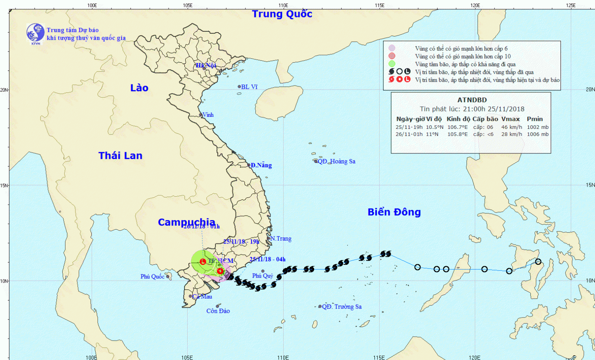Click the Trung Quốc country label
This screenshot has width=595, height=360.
point(282,14)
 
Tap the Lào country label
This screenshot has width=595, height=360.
point(139,88)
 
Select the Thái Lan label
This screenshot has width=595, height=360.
point(120,155)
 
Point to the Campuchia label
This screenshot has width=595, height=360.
point(186,222)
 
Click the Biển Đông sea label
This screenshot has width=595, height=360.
point(394,212)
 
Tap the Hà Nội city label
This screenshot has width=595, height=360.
point(206,65)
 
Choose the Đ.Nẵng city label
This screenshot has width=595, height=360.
point(261,165)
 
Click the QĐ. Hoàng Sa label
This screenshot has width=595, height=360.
point(336,161)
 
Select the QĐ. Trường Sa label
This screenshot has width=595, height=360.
point(342,306)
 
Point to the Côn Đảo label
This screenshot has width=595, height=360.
point(218,311)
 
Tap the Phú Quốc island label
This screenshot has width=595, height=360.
point(152,276)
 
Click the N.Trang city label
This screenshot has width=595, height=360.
point(280,239)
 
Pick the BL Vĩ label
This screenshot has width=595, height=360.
point(249,87)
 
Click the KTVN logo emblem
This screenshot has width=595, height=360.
point(35,33)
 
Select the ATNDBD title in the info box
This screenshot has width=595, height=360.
point(472,100)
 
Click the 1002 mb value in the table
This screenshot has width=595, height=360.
point(537,127)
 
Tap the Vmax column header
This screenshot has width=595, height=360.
point(510,119)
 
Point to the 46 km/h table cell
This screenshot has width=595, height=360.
point(511,127)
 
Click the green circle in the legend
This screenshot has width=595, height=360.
point(392,64)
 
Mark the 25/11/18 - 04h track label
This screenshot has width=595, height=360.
point(267,259)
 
